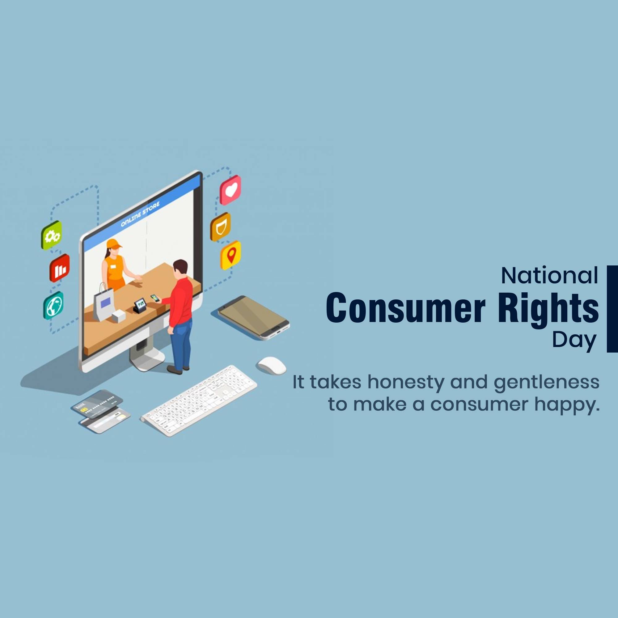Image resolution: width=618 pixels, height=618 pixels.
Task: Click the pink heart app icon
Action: tap(230, 190)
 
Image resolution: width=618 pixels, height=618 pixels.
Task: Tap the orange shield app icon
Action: tap(220, 226)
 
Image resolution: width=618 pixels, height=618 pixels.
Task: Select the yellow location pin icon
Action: tap(231, 255)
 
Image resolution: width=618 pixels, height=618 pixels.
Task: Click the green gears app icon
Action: tap(52, 235)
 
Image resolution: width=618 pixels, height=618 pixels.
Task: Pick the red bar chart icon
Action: tap(60, 268)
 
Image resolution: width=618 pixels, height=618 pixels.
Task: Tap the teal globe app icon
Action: tap(53, 305)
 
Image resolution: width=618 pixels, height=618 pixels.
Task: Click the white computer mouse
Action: tap(272, 365)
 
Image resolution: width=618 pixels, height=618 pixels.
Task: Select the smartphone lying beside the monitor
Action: tap(254, 317)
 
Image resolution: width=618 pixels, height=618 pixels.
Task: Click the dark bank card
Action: tap(97, 404)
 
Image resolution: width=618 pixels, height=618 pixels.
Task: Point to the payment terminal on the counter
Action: tap(140, 306)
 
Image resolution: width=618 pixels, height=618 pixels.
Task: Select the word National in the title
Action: tap(549, 275)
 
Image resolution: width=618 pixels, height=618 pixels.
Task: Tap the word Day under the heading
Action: tap(574, 341)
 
